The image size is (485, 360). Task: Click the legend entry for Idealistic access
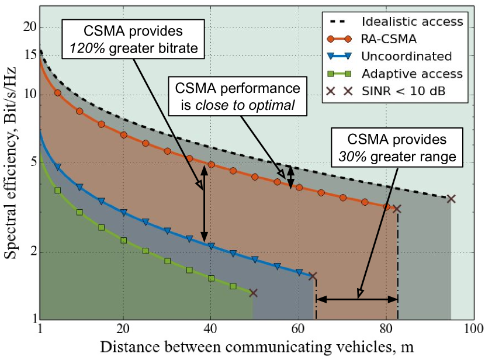point(412,22)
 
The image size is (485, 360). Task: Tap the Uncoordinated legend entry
point(406,57)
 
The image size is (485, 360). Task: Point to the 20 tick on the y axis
point(29,27)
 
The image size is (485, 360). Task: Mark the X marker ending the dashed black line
point(451,199)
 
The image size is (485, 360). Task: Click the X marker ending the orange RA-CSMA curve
point(397,209)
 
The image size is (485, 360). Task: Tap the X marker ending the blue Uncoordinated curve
point(312,276)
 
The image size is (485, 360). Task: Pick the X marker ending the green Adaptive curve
point(253,293)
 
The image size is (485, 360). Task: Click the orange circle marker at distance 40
point(212,165)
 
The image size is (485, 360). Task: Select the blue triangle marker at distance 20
point(123,213)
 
